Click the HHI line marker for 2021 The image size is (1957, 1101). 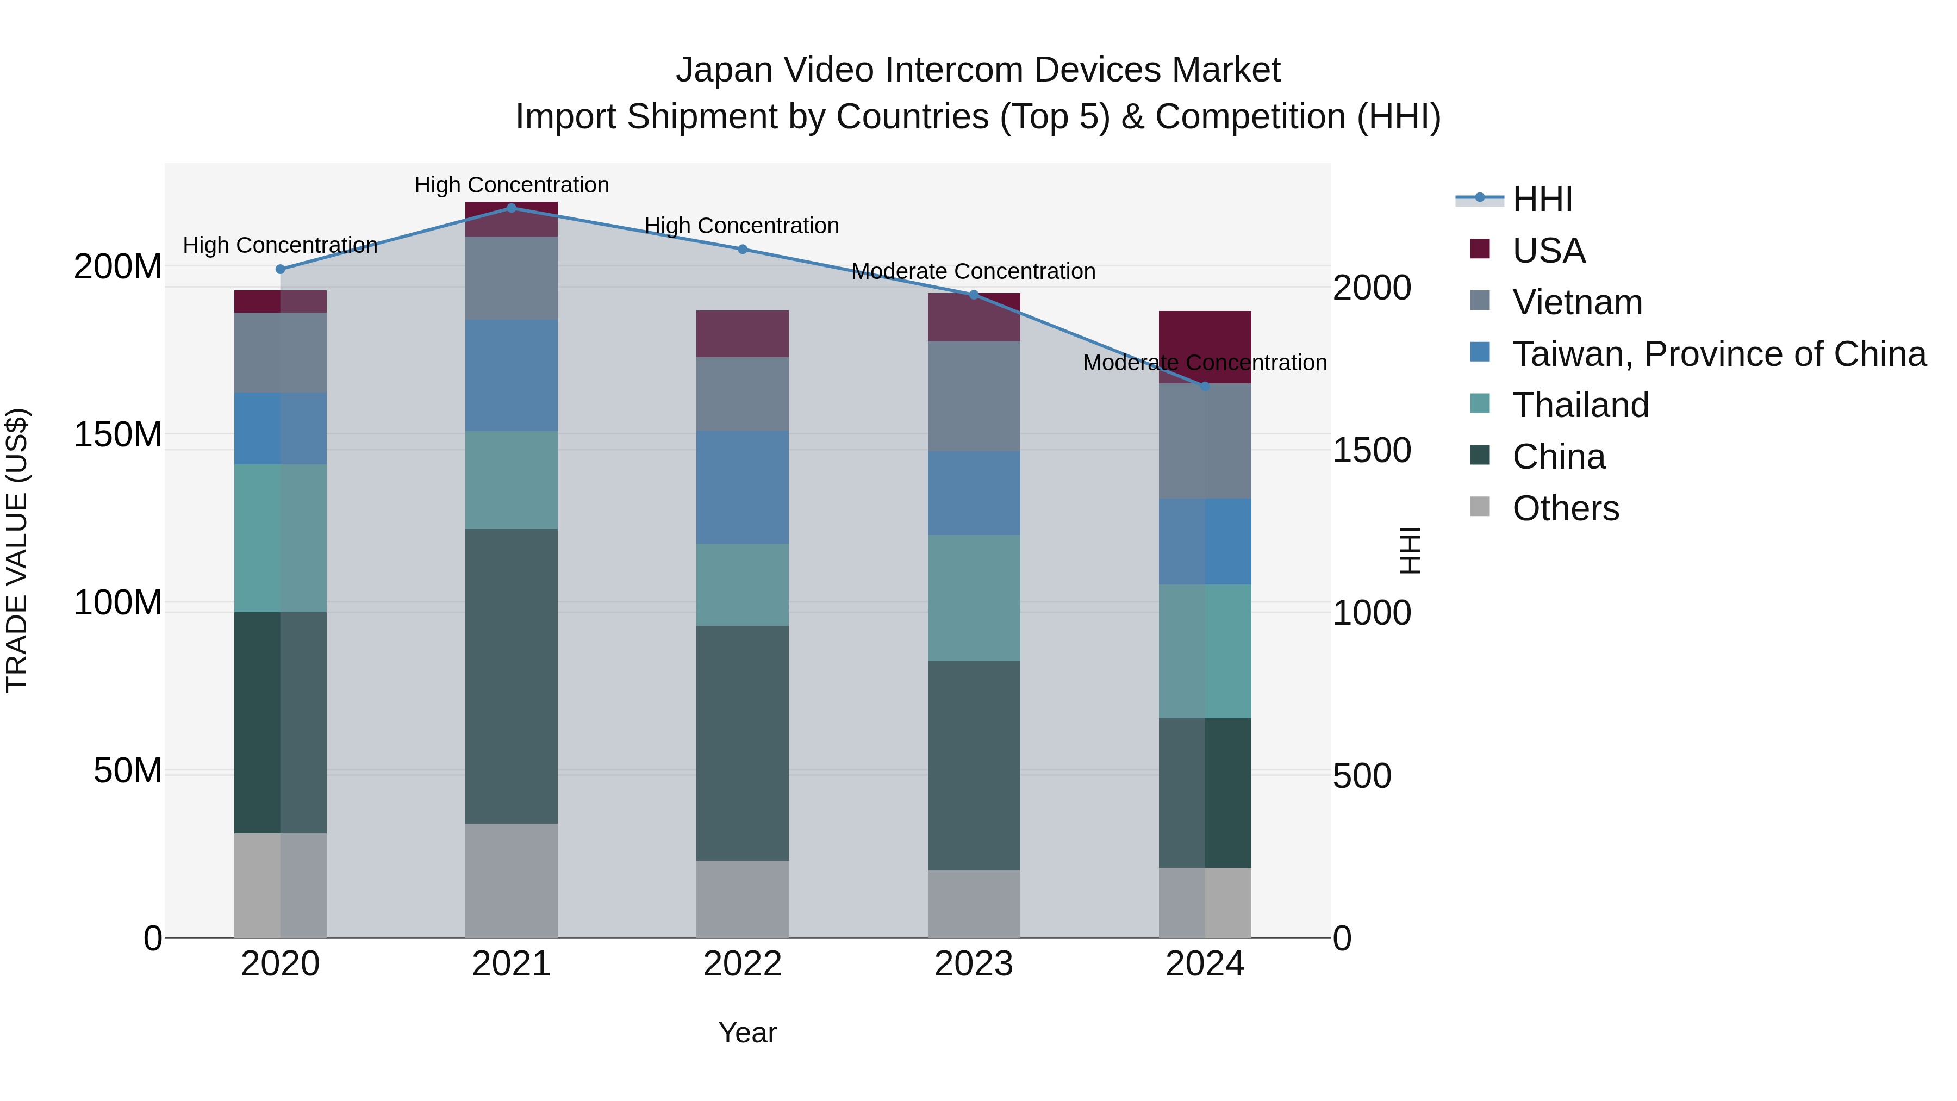(x=512, y=208)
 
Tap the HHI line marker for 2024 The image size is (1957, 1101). (x=1205, y=386)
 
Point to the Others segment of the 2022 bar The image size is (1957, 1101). (x=742, y=898)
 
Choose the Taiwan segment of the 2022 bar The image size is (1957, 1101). (x=742, y=487)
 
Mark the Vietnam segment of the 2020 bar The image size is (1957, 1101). (x=281, y=352)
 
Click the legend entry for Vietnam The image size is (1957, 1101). (x=1576, y=302)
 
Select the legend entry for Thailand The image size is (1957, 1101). (x=1580, y=405)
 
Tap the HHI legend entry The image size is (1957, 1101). (x=1542, y=199)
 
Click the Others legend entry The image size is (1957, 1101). (x=1565, y=508)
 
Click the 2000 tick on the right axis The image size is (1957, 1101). (x=1372, y=288)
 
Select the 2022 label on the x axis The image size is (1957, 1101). (x=742, y=964)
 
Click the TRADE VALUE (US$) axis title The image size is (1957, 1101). (x=17, y=550)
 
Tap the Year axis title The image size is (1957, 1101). (x=747, y=1032)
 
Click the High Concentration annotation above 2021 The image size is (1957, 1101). (x=512, y=185)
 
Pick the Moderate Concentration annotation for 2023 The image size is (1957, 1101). (x=973, y=271)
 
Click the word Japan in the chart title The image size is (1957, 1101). (x=724, y=70)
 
